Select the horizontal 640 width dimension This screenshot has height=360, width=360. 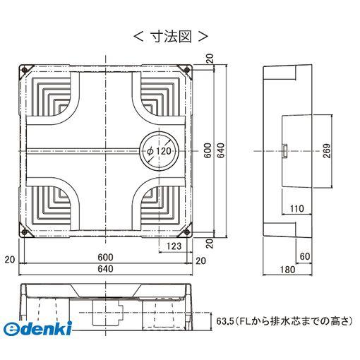tap(105, 268)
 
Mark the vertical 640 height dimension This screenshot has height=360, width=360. tap(221, 151)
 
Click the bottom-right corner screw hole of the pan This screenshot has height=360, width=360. tap(186, 233)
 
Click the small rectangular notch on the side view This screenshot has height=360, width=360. tap(284, 150)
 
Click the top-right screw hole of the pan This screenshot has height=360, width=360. tap(186, 71)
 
